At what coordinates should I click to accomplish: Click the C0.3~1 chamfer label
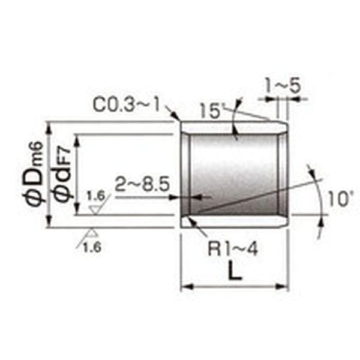click(x=126, y=104)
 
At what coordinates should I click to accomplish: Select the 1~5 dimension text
click(x=283, y=85)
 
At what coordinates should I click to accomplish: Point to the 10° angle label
click(x=340, y=199)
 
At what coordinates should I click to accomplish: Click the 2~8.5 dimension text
click(x=142, y=184)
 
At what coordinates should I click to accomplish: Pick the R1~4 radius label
click(x=233, y=249)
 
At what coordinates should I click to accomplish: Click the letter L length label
click(x=235, y=271)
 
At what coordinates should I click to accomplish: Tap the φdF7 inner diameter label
click(x=62, y=175)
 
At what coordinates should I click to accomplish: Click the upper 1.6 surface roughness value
click(x=96, y=196)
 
